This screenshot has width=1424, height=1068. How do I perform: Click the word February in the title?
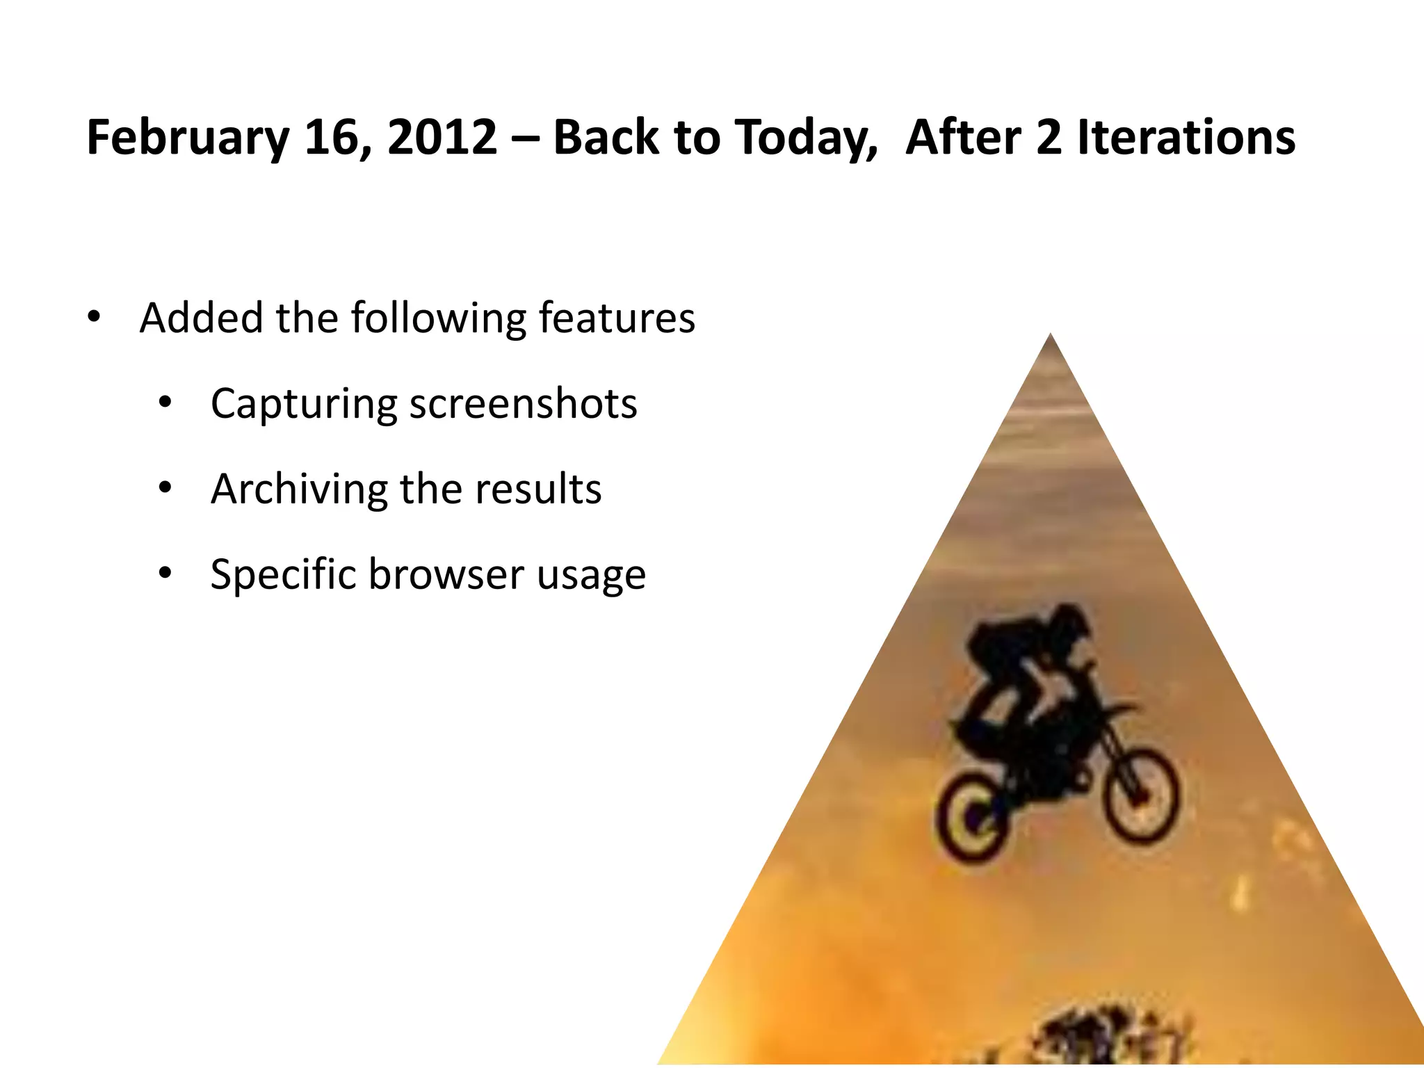[x=187, y=138]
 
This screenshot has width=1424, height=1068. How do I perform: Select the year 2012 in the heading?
[x=442, y=136]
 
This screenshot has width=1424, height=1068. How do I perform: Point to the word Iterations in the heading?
[x=1186, y=136]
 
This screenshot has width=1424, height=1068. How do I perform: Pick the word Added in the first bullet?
[x=201, y=318]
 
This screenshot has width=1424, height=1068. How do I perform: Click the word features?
[x=617, y=318]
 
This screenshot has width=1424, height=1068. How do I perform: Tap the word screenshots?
[x=523, y=403]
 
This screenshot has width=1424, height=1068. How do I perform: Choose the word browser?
[x=446, y=574]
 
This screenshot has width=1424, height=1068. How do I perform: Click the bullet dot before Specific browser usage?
[x=165, y=574]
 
